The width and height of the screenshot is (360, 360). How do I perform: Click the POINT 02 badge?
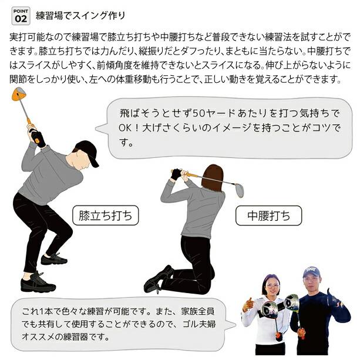click(x=21, y=16)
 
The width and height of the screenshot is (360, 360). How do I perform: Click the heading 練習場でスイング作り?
click(x=80, y=16)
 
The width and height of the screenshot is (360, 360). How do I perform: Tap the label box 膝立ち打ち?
click(x=105, y=216)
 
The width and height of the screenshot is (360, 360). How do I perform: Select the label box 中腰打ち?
click(x=268, y=216)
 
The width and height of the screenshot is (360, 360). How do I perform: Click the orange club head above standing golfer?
click(x=19, y=94)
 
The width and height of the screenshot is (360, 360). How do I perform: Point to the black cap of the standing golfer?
click(x=88, y=152)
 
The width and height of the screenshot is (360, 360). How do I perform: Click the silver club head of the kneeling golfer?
click(x=239, y=190)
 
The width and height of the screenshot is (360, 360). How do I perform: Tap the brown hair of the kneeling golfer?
click(x=212, y=178)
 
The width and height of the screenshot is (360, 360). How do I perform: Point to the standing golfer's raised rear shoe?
click(x=54, y=259)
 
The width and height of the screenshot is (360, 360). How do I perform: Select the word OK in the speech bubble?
click(x=125, y=128)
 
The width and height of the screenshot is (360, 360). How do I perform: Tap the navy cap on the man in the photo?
click(x=311, y=272)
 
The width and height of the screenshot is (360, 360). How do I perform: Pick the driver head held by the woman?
click(x=270, y=309)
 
